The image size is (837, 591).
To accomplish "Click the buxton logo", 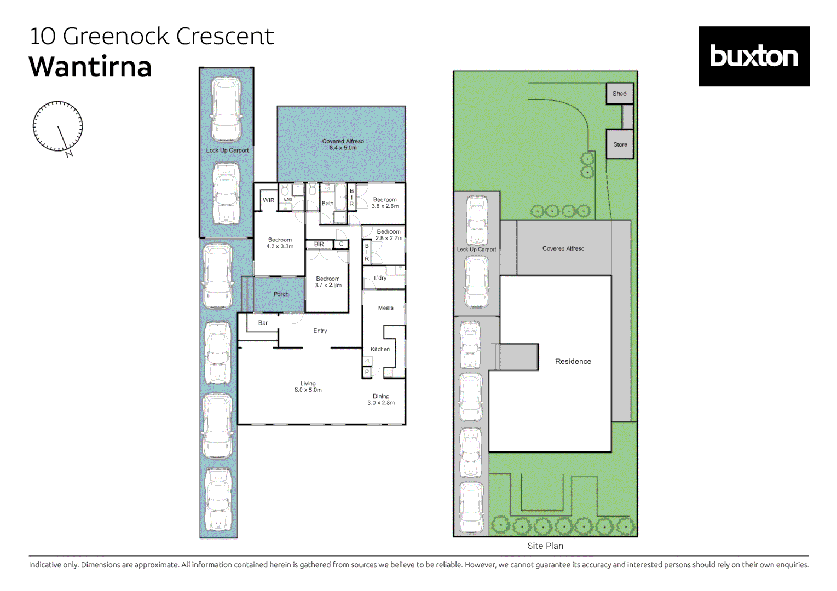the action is [754, 56].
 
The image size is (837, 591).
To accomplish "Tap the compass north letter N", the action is [69, 154].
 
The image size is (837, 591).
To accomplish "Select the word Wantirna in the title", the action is [90, 67].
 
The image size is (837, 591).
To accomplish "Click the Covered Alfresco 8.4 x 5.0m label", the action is [343, 144].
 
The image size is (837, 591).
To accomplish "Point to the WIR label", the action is [268, 200].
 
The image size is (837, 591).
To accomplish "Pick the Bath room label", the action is [328, 203].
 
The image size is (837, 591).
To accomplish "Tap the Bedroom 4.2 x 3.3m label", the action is [280, 243].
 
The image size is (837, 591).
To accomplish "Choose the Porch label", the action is [281, 294].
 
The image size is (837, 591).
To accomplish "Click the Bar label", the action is [263, 323].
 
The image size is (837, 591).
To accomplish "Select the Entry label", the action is [320, 331].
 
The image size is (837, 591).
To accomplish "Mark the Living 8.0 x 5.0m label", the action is [308, 386].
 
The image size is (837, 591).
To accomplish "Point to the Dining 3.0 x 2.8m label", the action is [381, 399].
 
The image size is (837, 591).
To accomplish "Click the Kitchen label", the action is [380, 349].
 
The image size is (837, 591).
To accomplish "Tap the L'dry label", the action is [380, 278].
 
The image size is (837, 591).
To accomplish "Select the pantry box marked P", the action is [367, 373].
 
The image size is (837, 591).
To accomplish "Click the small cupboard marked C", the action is [341, 244].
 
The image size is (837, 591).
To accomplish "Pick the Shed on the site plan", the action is [620, 94].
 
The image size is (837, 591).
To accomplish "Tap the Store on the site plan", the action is [620, 144].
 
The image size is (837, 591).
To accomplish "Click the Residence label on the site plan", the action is [573, 361].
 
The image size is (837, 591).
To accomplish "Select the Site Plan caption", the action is [545, 546].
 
